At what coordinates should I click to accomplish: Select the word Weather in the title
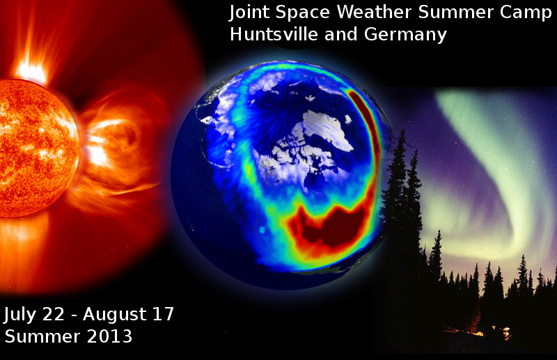tap(374, 12)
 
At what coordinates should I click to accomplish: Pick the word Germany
tap(405, 36)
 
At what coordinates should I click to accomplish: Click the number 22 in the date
tap(54, 314)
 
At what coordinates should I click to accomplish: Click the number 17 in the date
tap(163, 314)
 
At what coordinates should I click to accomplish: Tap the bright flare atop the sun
tap(32, 70)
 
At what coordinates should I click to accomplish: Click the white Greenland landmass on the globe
tap(325, 128)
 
